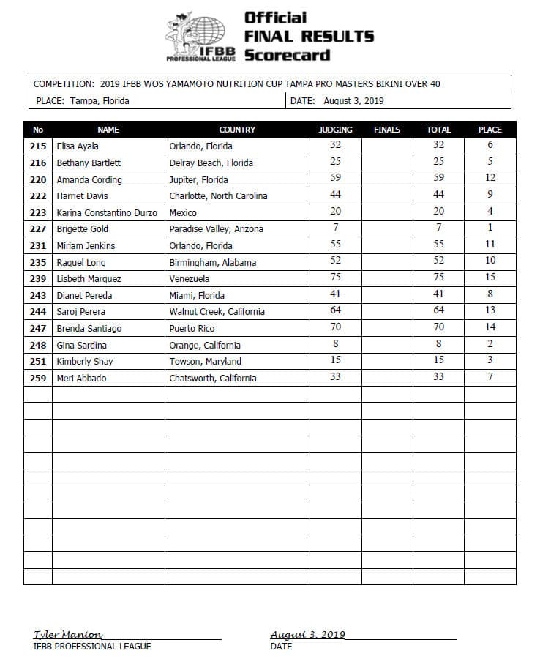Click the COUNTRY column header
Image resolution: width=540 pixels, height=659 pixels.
[237, 130]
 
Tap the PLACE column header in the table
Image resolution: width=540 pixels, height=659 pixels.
[490, 130]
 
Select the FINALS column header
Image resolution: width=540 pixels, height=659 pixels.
[387, 130]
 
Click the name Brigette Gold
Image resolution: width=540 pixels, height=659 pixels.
[82, 229]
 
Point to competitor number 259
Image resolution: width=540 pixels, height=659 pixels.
[38, 379]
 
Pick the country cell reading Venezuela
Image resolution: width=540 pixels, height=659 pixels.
[190, 279]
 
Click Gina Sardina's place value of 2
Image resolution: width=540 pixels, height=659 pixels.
[490, 344]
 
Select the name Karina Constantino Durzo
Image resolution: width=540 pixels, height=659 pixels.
[107, 212]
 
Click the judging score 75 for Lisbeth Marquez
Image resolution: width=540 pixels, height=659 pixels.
[335, 278]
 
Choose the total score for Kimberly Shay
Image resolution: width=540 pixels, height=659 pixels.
[438, 360]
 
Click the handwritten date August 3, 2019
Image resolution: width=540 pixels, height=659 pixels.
[307, 635]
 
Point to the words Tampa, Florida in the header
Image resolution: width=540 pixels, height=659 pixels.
[100, 101]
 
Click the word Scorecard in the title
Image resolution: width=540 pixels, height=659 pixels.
[287, 55]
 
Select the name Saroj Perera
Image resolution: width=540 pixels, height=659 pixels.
[80, 312]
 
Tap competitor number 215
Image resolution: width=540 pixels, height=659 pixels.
[38, 146]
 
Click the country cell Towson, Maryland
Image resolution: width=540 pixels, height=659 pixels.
[205, 362]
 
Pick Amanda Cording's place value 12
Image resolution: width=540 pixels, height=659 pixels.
[490, 178]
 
